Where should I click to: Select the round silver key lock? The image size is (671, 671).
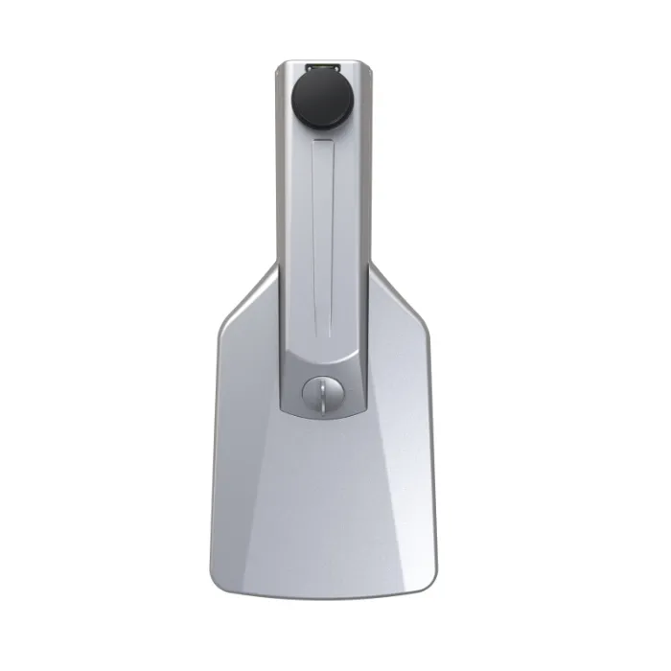tap(322, 393)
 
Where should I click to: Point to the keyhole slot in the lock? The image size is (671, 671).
tap(323, 393)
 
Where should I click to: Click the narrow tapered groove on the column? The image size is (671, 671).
tap(323, 230)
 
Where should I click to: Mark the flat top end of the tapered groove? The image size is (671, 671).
tap(323, 141)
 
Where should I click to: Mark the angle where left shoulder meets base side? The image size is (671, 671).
tap(220, 331)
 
